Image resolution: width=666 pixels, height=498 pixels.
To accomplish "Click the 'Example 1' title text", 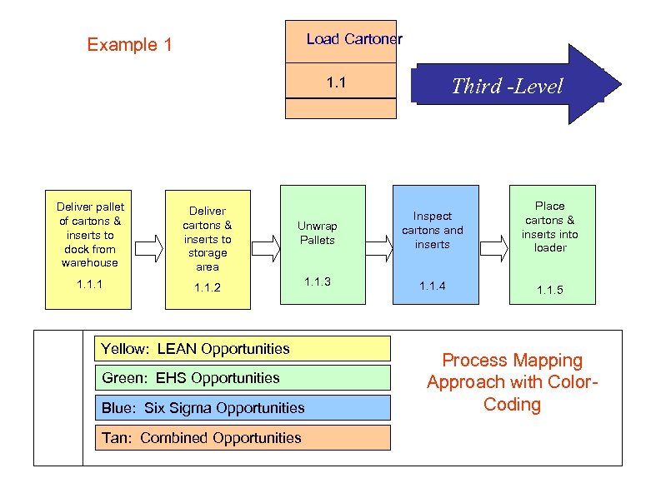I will pyautogui.click(x=129, y=45).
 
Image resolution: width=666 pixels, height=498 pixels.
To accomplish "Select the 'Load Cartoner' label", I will pyautogui.click(x=353, y=39).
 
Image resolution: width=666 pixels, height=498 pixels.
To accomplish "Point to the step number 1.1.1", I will pyautogui.click(x=90, y=285).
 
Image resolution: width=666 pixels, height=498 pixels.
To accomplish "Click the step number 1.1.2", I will pyautogui.click(x=208, y=288).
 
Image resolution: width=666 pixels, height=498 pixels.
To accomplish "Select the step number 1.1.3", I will pyautogui.click(x=317, y=281).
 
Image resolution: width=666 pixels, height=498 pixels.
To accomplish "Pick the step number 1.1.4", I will pyautogui.click(x=432, y=286).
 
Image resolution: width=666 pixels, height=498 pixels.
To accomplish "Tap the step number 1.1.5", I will pyautogui.click(x=549, y=290).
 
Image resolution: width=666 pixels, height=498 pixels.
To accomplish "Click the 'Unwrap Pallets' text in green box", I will pyautogui.click(x=317, y=233).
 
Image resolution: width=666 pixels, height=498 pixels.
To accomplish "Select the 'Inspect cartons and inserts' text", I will pyautogui.click(x=432, y=230).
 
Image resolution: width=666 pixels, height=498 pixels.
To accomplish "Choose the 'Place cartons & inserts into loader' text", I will pyautogui.click(x=549, y=227).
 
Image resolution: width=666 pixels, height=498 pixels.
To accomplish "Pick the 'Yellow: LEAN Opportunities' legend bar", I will pyautogui.click(x=243, y=348).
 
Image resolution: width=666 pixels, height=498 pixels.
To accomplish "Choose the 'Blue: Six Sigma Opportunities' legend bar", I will pyautogui.click(x=243, y=407).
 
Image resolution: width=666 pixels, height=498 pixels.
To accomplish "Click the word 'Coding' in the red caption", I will pyautogui.click(x=512, y=405).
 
